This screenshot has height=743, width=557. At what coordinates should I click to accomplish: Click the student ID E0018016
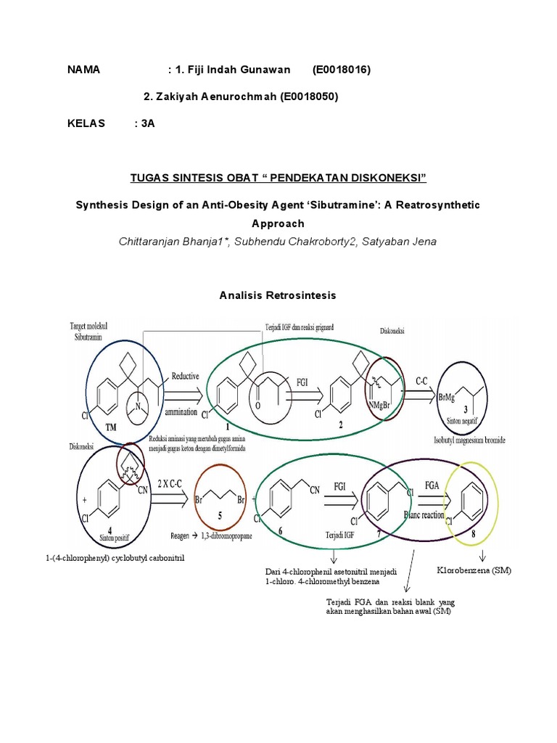point(342,70)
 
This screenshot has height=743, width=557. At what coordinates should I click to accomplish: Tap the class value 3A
point(148,123)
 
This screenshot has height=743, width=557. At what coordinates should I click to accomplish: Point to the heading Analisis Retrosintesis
point(278,295)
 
